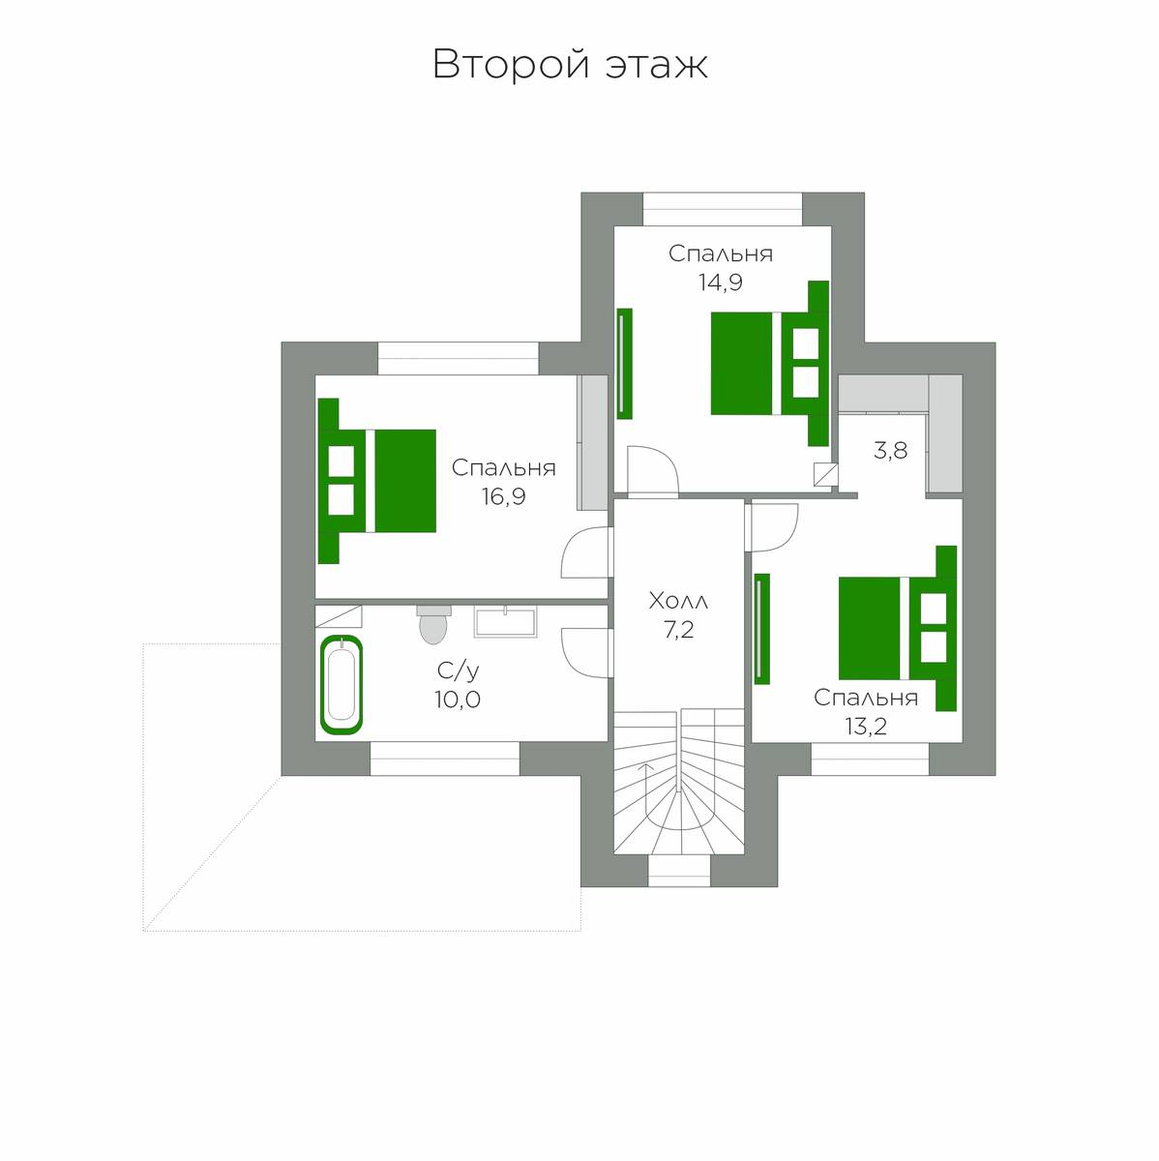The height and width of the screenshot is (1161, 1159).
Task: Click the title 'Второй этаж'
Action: coord(570,65)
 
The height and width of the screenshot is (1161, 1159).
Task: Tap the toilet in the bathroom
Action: coord(433,625)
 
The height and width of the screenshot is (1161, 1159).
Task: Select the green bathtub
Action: coord(342,685)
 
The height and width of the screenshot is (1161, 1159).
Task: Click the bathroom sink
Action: coord(505,622)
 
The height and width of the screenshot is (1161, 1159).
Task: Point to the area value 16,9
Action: coord(503,496)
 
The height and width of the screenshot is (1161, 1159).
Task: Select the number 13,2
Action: coord(866,728)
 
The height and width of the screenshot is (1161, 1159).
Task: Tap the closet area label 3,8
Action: coord(890,450)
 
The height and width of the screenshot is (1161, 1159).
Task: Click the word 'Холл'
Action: coord(678,601)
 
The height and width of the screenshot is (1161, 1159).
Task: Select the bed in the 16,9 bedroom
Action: coord(376,481)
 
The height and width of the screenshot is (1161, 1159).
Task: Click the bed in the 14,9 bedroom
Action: coord(770,364)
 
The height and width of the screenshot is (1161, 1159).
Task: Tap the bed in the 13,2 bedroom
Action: coord(898,628)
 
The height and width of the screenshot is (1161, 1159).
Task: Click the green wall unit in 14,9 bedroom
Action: coord(624,364)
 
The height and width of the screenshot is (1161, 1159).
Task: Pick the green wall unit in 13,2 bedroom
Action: coord(761,629)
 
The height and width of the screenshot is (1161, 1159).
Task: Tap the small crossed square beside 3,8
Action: coord(825,473)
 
